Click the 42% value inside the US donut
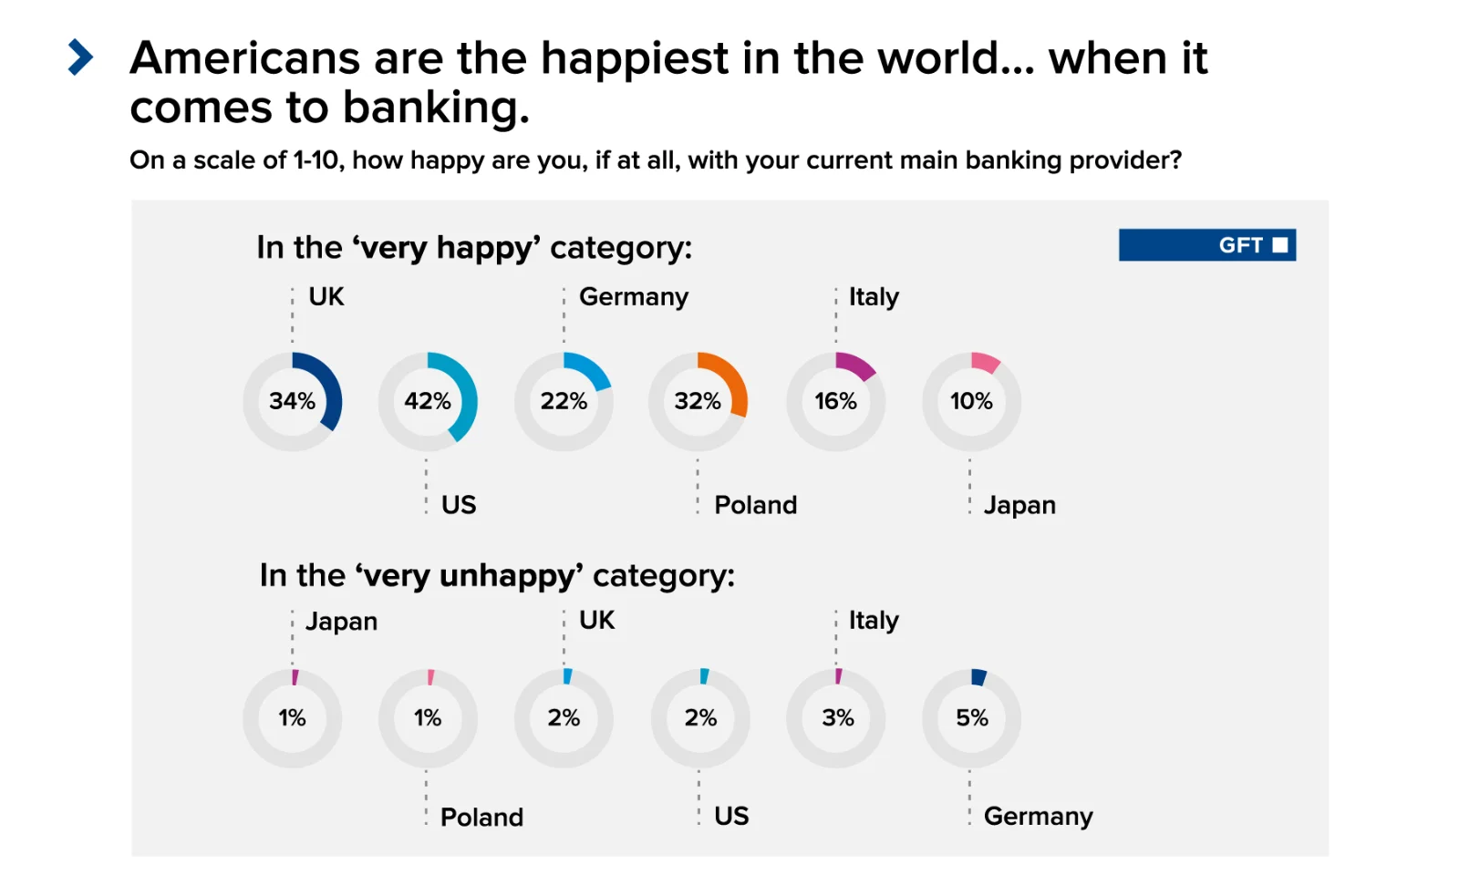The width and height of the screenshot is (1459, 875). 428,401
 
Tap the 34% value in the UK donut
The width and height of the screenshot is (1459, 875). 292,401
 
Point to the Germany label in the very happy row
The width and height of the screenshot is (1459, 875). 634,297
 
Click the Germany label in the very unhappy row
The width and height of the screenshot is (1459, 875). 1038,816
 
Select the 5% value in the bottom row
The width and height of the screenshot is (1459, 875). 972,718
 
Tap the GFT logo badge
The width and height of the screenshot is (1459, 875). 1206,245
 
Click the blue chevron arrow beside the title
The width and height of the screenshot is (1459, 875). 80,57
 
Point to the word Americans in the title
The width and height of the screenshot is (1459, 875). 245,58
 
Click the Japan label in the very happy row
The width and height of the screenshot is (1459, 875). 1019,505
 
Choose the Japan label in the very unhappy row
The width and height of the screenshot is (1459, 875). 341,622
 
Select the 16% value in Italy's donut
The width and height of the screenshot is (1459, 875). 835,401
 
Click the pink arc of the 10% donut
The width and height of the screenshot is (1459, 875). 985,362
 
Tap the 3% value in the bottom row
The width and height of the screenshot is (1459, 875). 838,718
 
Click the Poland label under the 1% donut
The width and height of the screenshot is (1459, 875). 481,817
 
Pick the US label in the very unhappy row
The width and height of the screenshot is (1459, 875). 731,816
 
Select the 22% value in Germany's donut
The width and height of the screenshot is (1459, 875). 564,401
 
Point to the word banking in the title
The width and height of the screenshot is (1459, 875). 436,108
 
